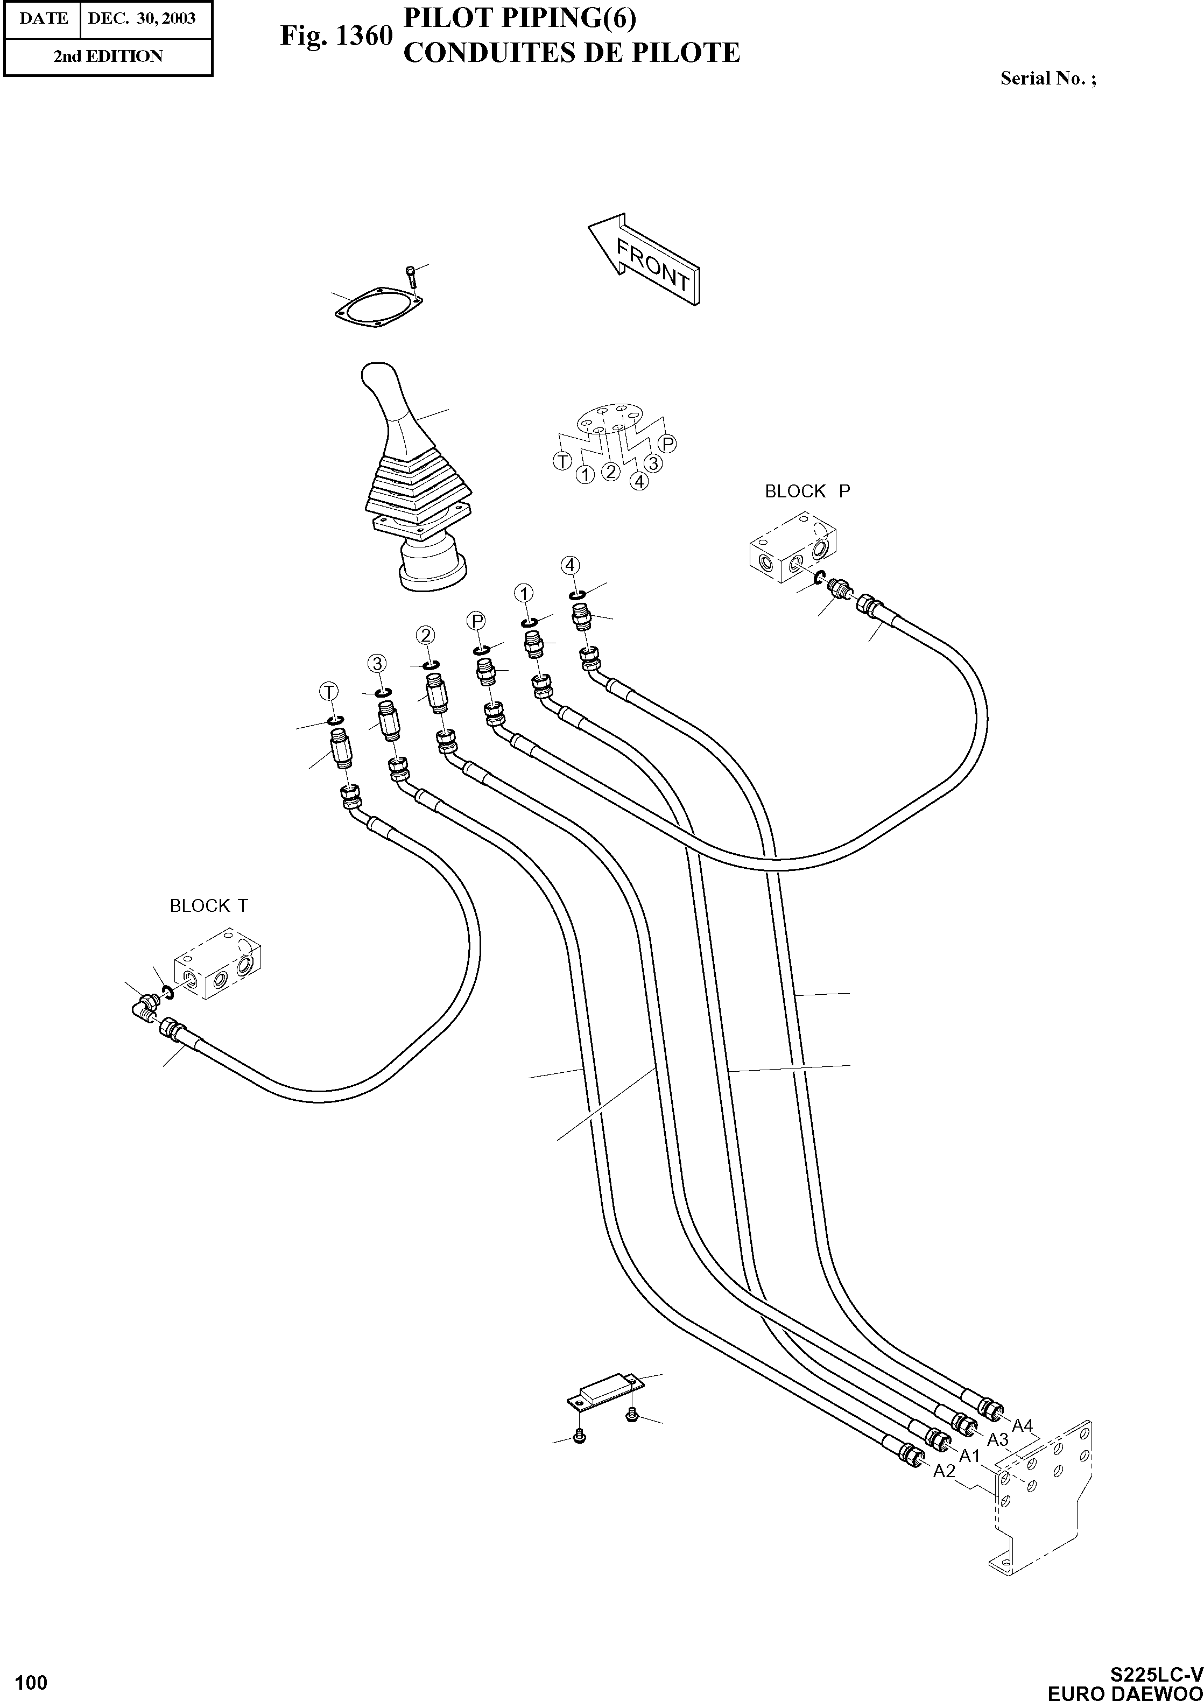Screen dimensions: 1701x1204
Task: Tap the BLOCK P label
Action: tap(807, 491)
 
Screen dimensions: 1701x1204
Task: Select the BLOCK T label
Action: tap(209, 905)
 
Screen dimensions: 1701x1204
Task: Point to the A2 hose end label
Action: tap(944, 1471)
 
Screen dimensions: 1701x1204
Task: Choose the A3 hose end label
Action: tap(998, 1440)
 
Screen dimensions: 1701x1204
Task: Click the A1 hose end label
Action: tap(970, 1456)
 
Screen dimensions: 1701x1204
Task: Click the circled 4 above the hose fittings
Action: tap(569, 565)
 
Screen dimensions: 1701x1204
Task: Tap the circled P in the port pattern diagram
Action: tap(668, 444)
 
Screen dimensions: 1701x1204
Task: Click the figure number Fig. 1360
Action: tap(335, 36)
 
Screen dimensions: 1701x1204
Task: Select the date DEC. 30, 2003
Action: tap(142, 18)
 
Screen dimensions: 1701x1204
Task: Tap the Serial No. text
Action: tap(1047, 79)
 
